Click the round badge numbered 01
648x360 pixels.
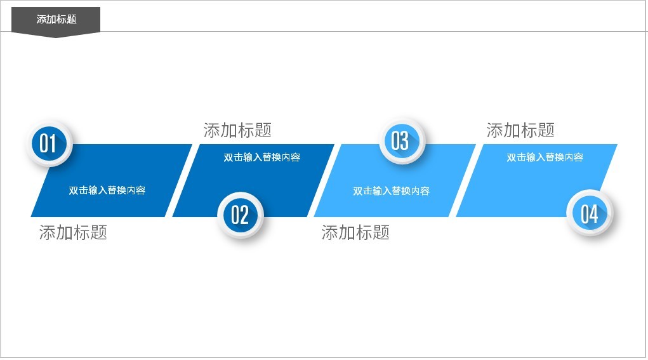pos(49,143)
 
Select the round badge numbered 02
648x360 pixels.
pos(240,215)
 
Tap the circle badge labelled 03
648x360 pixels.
pos(400,140)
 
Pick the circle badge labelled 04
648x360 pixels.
pos(590,214)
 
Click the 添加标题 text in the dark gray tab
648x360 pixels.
pos(56,19)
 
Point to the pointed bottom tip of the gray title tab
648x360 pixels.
pos(56,37)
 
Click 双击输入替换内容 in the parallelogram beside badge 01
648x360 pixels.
pos(107,190)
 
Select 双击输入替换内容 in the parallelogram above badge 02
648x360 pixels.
pos(261,157)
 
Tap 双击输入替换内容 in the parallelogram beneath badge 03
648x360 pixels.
pos(391,190)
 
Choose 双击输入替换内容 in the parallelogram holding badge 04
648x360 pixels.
pos(545,157)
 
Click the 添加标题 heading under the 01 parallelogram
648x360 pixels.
pos(73,232)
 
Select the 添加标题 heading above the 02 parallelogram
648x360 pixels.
pos(237,131)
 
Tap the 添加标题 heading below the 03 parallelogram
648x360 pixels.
pos(355,232)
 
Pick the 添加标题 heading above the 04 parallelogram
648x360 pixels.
pos(520,131)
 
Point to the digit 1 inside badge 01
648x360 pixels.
pos(53,143)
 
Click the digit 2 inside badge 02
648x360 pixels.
pos(244,215)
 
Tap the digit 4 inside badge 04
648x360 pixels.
pos(594,214)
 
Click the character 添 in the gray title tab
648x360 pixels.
pos(41,19)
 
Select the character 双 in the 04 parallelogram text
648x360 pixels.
pos(512,157)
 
